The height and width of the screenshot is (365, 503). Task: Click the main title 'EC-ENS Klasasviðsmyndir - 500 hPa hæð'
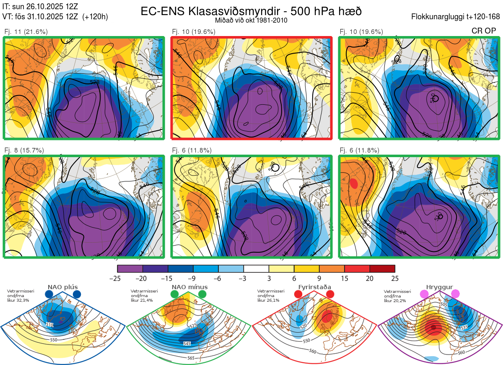pyautogui.click(x=251, y=11)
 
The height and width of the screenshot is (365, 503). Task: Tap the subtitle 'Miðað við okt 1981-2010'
pyautogui.click(x=251, y=20)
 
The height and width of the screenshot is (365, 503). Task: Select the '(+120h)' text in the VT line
pyautogui.click(x=95, y=17)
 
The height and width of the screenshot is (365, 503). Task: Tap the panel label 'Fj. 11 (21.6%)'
pyautogui.click(x=26, y=31)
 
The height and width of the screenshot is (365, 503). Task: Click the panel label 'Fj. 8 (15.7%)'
pyautogui.click(x=24, y=150)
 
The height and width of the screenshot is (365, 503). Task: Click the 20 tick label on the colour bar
pyautogui.click(x=370, y=278)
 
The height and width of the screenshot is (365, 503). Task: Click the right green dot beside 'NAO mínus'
pyautogui.click(x=202, y=295)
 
